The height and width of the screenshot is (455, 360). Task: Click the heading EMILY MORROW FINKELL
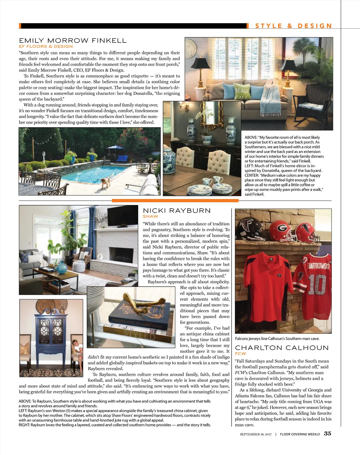[73, 41]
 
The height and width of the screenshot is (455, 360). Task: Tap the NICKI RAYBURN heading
[177, 211]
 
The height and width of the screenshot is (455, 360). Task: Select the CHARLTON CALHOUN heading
[282, 348]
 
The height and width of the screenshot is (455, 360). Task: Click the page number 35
[328, 434]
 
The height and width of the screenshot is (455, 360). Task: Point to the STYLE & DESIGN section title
[293, 26]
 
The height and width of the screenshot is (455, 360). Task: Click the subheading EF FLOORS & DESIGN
[46, 47]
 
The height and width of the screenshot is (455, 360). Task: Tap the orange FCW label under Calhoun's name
[240, 354]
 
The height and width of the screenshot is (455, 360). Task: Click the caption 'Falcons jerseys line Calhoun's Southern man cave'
[277, 339]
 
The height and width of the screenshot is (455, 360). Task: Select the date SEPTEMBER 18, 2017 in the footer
[256, 434]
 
